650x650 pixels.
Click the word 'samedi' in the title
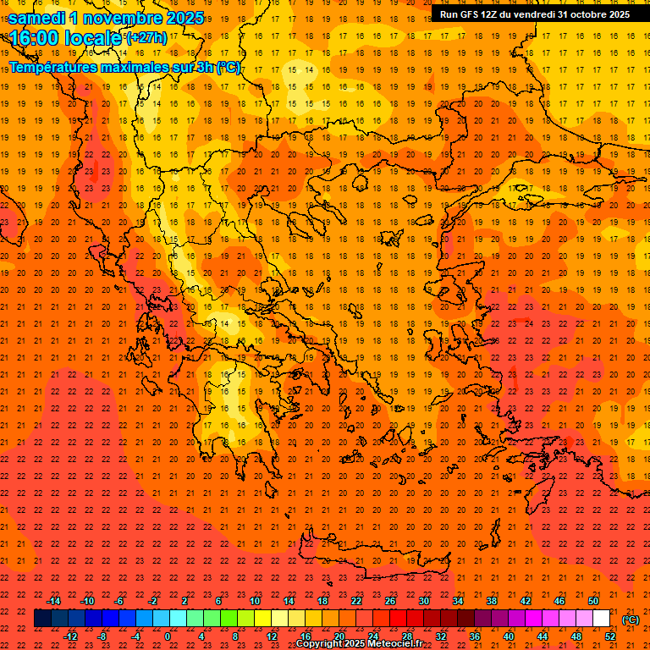coord(39,18)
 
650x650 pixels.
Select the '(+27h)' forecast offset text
coord(146,38)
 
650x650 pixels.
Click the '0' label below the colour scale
coord(168,636)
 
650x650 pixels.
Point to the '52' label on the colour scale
coord(610,636)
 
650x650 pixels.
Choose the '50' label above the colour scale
coord(593,601)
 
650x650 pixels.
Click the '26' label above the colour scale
coord(390,601)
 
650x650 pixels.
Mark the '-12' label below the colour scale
coord(70,636)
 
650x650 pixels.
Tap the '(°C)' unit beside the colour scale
coord(631,620)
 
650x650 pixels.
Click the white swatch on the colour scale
coord(601,619)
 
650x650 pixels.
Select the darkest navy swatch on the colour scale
coord(42,619)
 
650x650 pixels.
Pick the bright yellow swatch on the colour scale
coord(262,619)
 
